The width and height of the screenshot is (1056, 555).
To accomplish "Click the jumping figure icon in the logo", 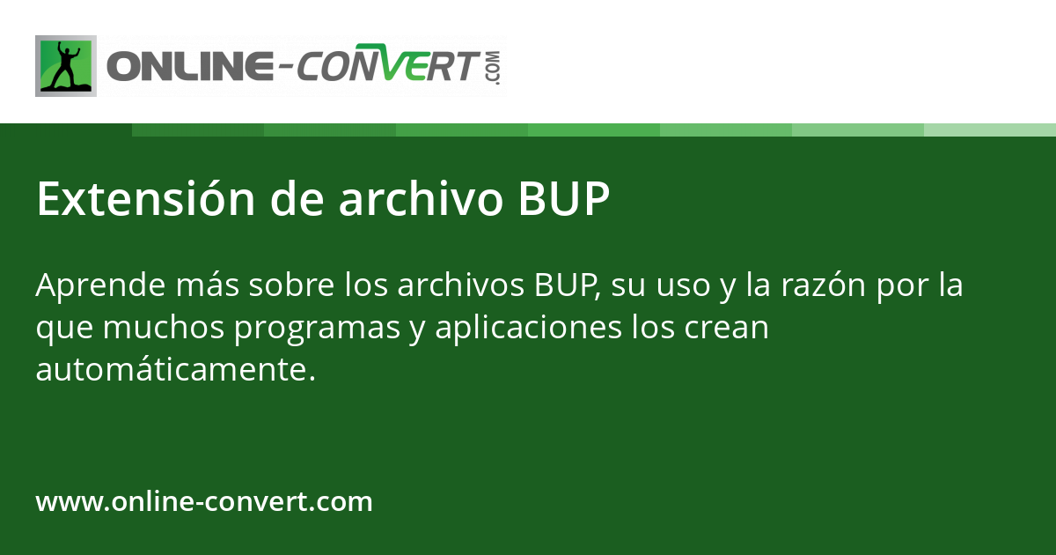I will (x=65, y=66).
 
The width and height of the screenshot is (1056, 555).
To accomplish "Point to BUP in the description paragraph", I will (x=565, y=286).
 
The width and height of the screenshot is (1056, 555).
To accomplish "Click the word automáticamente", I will (x=174, y=371).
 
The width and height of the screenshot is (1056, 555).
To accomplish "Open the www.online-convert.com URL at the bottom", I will (x=204, y=502).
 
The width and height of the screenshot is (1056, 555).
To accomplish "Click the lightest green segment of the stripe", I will (x=989, y=129).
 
